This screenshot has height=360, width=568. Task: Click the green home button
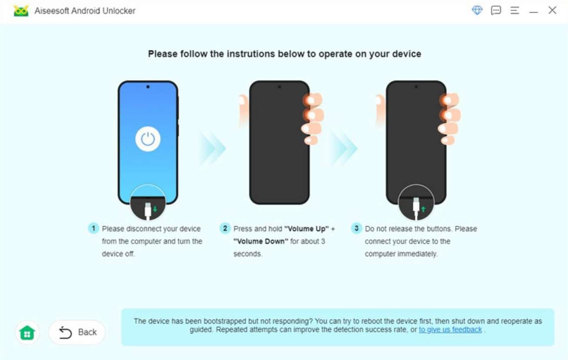tap(27, 333)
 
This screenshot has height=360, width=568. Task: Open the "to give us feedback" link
tap(450, 330)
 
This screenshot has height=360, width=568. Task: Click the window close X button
tap(552, 10)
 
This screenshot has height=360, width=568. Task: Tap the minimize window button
tap(534, 11)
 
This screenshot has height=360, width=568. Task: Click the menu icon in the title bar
tap(515, 10)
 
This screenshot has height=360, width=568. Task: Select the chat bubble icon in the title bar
tap(496, 10)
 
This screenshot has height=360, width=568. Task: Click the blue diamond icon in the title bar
tap(477, 10)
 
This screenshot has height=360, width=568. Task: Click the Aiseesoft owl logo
tap(21, 11)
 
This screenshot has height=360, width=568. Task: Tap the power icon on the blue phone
tap(148, 139)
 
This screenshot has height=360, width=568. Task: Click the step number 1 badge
tap(94, 229)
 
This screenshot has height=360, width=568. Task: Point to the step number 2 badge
tap(225, 229)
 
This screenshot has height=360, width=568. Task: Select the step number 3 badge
tap(357, 229)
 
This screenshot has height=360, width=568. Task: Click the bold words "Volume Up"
tap(307, 229)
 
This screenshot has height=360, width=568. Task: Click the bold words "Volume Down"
tap(261, 241)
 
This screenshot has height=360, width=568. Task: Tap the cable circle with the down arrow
tap(148, 203)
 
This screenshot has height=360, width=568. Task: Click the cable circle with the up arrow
tap(416, 203)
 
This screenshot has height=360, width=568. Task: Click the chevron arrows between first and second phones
tap(213, 148)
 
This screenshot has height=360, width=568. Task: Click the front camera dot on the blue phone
tap(148, 87)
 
